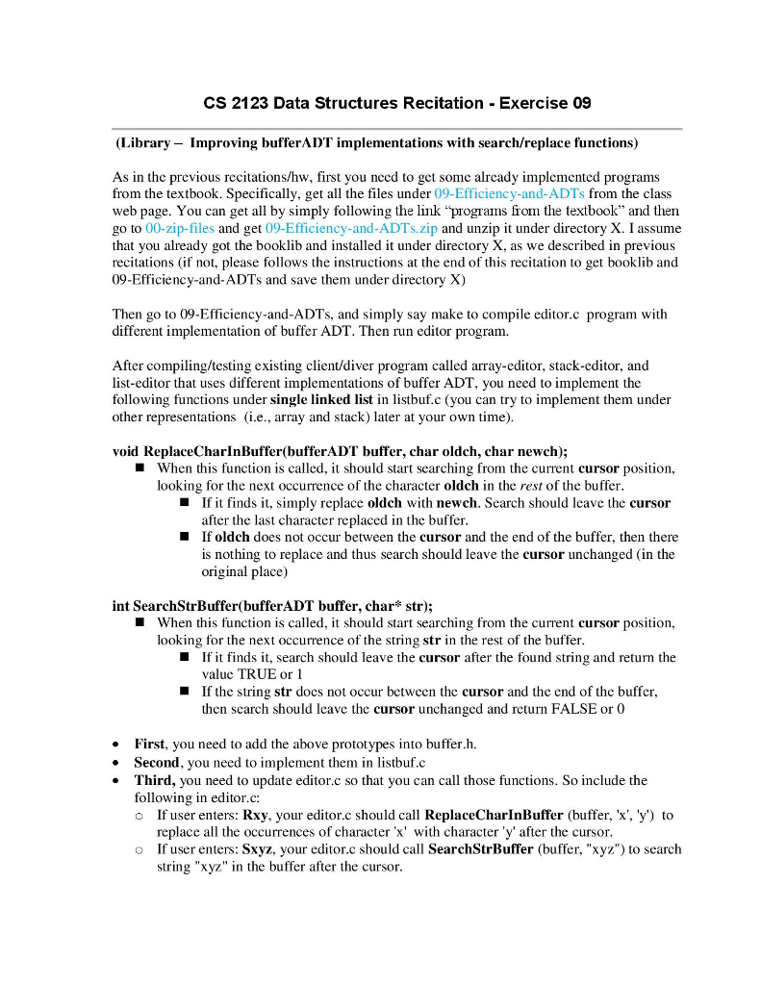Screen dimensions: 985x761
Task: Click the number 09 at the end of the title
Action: (x=580, y=103)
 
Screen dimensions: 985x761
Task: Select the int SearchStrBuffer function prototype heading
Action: (x=272, y=606)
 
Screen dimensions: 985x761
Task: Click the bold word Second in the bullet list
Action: (x=159, y=762)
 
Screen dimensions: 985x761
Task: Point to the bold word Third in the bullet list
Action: (x=155, y=780)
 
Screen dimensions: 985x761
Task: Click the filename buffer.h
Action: (x=449, y=745)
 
